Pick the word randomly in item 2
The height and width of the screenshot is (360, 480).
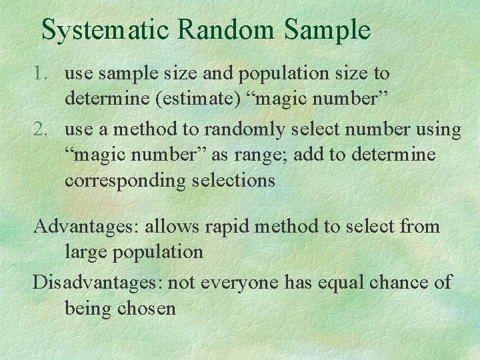pyautogui.click(x=244, y=129)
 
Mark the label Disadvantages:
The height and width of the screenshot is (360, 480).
pyautogui.click(x=97, y=283)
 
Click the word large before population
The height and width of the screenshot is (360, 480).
pyautogui.click(x=86, y=253)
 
